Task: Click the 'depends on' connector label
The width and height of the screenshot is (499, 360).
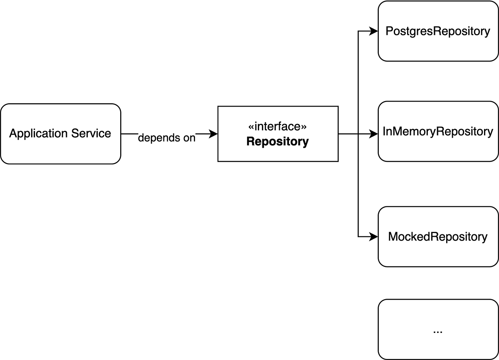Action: [x=166, y=138]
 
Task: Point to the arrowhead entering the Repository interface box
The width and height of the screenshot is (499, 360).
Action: [x=214, y=134]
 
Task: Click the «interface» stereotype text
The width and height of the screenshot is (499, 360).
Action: [x=278, y=127]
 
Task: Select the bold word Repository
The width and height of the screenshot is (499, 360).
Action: [x=278, y=142]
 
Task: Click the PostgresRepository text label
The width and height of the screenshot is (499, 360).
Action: [x=438, y=31]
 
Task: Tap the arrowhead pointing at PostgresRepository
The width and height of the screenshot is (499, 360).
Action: [x=374, y=31]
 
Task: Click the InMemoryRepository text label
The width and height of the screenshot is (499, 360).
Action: [x=438, y=132]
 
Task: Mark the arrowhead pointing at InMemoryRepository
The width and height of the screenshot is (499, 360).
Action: [x=374, y=134]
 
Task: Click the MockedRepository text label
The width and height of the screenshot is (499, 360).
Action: [x=438, y=237]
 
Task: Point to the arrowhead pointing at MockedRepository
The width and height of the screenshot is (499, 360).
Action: [x=374, y=237]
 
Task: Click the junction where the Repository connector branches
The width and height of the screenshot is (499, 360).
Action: [x=358, y=134]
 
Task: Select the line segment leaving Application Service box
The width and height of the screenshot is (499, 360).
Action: [x=129, y=134]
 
